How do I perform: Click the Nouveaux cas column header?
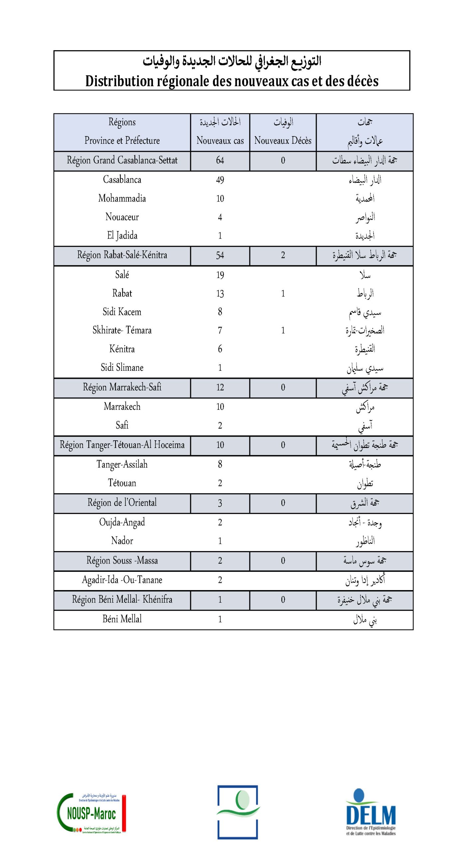click(x=220, y=140)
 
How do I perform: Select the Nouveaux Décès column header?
click(x=283, y=140)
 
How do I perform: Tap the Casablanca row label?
click(x=122, y=180)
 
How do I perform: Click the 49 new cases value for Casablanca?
click(x=220, y=180)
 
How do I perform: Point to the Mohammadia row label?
click(x=122, y=198)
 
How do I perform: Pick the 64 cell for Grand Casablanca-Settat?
click(x=220, y=160)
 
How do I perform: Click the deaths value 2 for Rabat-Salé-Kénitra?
click(x=283, y=255)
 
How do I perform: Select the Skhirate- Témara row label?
click(x=122, y=330)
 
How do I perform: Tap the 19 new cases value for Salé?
click(x=220, y=275)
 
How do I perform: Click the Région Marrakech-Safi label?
click(x=122, y=387)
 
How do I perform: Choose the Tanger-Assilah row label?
click(x=122, y=464)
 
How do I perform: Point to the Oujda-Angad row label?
click(x=122, y=522)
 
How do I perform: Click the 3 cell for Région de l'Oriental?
click(x=220, y=503)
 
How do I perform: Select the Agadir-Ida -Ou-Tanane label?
click(x=122, y=580)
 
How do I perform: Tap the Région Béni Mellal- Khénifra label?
click(x=122, y=599)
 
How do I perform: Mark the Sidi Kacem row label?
click(x=122, y=312)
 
